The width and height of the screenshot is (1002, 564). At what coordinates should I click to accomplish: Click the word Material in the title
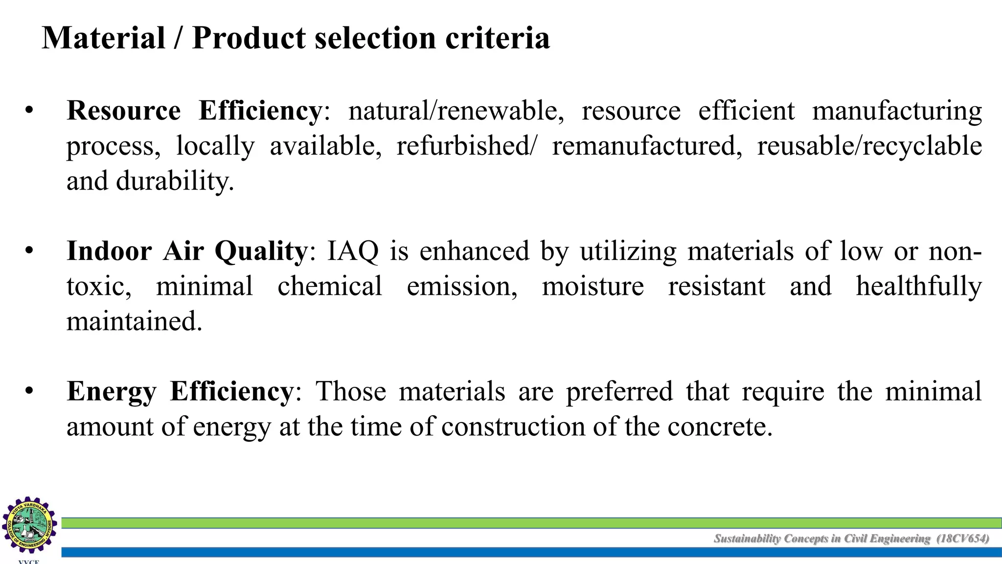coord(104,38)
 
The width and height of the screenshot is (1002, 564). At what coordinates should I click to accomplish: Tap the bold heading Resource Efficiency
coord(194,111)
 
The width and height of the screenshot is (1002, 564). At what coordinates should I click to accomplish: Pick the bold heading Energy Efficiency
coord(180,392)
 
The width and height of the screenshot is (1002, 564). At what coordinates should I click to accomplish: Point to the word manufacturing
coord(897,111)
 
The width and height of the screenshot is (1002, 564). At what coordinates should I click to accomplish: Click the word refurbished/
coord(466,146)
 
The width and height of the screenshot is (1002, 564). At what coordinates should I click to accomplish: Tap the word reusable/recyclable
coord(869,146)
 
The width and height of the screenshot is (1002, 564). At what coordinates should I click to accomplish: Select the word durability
coord(174,181)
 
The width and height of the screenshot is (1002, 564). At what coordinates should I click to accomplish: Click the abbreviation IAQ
coord(353,251)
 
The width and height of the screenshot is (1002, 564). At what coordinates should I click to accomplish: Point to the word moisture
coord(592,286)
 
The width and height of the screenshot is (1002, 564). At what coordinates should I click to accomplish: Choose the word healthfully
coord(918,286)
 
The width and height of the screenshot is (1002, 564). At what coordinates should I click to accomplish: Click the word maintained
coord(134,322)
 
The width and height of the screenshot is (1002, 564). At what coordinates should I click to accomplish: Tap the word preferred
coord(619,392)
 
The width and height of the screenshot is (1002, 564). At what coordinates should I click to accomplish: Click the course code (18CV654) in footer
coord(962,539)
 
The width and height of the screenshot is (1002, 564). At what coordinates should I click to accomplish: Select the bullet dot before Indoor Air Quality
coord(29,251)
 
